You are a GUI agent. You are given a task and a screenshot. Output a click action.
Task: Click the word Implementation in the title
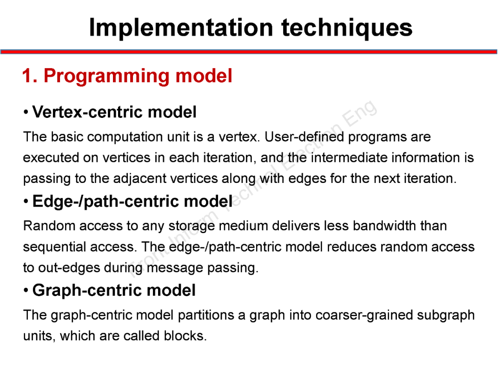click(181, 27)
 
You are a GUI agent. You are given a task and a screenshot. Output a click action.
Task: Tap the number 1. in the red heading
click(30, 76)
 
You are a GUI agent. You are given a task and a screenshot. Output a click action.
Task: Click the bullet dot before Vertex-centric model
click(26, 112)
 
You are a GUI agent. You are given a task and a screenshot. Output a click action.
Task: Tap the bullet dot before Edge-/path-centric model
click(26, 202)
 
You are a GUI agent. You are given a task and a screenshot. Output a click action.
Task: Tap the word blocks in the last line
click(185, 336)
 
